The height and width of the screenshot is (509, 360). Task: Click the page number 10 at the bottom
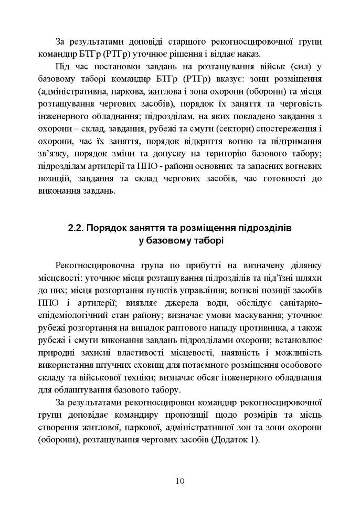(180, 481)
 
